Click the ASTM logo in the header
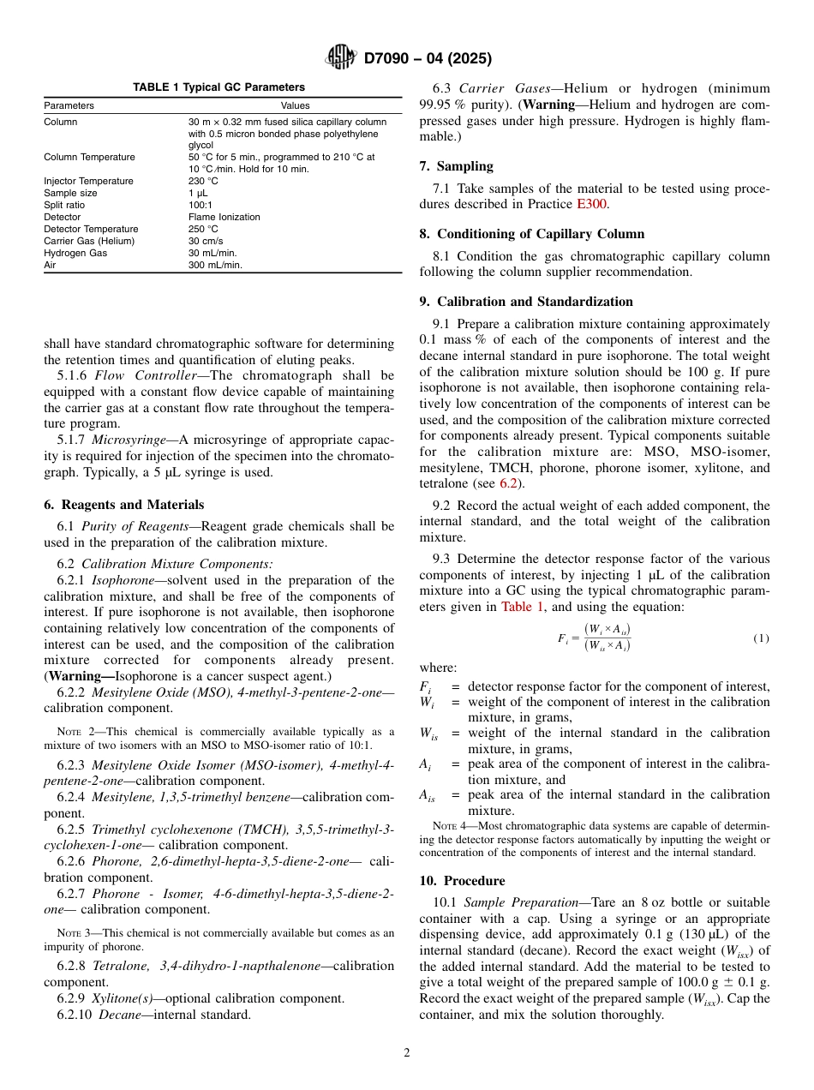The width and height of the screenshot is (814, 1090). (342, 58)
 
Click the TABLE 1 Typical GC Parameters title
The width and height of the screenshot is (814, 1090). (218, 87)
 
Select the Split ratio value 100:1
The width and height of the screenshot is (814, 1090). (200, 205)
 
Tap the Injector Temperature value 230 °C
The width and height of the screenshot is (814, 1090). (203, 181)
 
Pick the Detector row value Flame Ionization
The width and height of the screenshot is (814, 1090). (224, 217)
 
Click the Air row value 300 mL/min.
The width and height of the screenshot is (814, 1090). (215, 265)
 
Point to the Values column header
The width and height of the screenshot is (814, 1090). (296, 106)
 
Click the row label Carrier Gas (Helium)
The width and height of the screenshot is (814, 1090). (89, 241)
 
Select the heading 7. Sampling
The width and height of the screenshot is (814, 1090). (456, 166)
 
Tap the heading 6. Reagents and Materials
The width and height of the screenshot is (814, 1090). (123, 505)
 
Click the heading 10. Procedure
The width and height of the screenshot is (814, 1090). (462, 881)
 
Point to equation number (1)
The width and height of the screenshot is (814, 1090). (761, 638)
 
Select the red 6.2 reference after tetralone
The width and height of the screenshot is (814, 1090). (509, 483)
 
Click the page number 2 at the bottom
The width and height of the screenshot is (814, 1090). (407, 1053)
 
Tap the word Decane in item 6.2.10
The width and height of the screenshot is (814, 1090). (117, 1015)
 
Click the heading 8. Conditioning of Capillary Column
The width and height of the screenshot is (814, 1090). (532, 234)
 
